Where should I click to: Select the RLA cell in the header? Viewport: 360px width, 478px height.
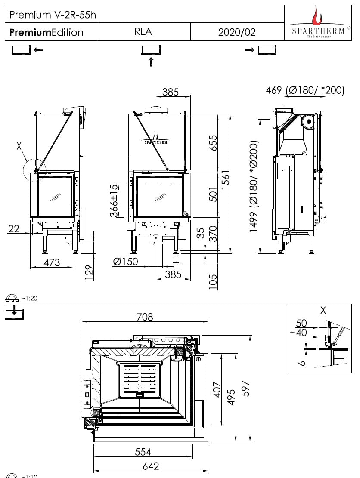(143, 32)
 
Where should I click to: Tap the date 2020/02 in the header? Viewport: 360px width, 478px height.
(237, 32)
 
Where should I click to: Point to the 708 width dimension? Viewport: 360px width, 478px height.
(145, 317)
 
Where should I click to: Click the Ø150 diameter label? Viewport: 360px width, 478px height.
(126, 262)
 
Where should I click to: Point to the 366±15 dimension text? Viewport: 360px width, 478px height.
(114, 201)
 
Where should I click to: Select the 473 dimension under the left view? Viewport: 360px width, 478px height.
(52, 262)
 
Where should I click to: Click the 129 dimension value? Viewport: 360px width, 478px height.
(89, 272)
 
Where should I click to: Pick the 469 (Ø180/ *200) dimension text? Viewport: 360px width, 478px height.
(305, 90)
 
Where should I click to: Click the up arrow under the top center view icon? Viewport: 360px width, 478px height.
(151, 62)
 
